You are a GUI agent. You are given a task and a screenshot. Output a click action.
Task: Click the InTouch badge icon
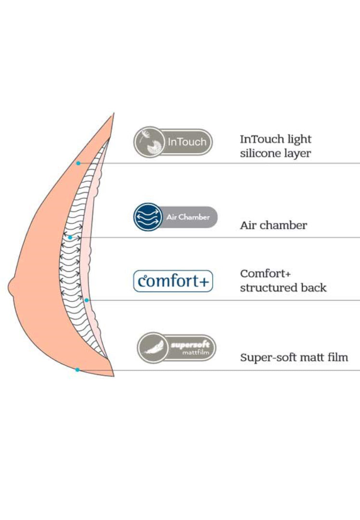point(173,142)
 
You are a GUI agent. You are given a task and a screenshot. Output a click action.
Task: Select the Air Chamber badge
point(175,217)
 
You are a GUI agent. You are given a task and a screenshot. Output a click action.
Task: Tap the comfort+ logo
point(173,281)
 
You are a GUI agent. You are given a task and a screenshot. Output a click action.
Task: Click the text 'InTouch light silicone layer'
point(276,146)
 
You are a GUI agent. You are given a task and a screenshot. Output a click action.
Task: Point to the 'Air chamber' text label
point(273,225)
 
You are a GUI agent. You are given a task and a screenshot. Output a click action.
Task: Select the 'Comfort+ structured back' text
point(283,281)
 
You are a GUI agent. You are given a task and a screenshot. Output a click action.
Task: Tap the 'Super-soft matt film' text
point(294,358)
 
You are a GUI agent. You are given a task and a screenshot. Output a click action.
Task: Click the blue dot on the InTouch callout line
point(78,163)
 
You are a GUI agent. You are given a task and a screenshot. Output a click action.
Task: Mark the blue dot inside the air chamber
point(70,237)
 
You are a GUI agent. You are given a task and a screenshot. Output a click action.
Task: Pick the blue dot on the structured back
point(87,300)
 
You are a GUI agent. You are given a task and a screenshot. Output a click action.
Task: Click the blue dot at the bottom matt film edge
point(77,370)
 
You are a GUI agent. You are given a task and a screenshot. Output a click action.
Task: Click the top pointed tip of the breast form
point(114,115)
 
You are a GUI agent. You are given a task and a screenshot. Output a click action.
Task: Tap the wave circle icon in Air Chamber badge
point(147,217)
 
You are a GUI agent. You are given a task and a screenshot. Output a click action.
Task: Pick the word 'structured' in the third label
point(268,288)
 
